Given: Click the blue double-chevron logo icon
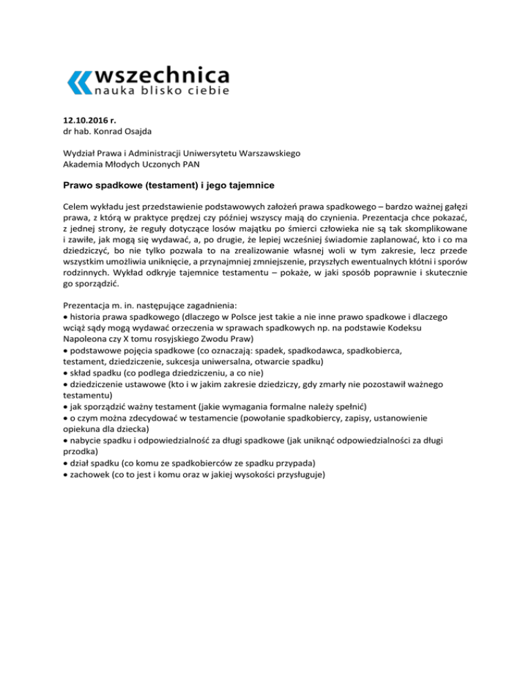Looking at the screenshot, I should pyautogui.click(x=77, y=82).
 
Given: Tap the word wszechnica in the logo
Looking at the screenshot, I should pyautogui.click(x=160, y=73).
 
